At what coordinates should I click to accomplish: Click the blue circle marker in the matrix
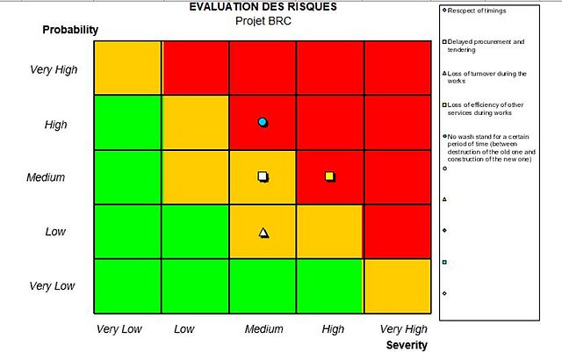262,122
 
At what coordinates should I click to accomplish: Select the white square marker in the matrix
263,176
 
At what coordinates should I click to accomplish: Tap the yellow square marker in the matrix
329,176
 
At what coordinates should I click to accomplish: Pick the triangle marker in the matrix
263,233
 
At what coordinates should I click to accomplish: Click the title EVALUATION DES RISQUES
263,7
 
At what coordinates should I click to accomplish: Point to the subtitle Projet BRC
263,20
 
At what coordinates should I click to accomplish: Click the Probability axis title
70,30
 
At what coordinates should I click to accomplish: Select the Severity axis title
407,345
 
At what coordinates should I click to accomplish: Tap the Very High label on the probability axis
54,70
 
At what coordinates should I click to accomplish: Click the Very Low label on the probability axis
53,286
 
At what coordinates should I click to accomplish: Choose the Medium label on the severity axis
263,329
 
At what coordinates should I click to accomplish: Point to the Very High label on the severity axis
403,329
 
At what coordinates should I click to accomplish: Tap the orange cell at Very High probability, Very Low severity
127,67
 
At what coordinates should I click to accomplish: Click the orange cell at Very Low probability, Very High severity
397,286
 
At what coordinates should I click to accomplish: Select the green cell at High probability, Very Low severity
127,122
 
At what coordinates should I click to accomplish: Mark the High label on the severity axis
333,329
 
